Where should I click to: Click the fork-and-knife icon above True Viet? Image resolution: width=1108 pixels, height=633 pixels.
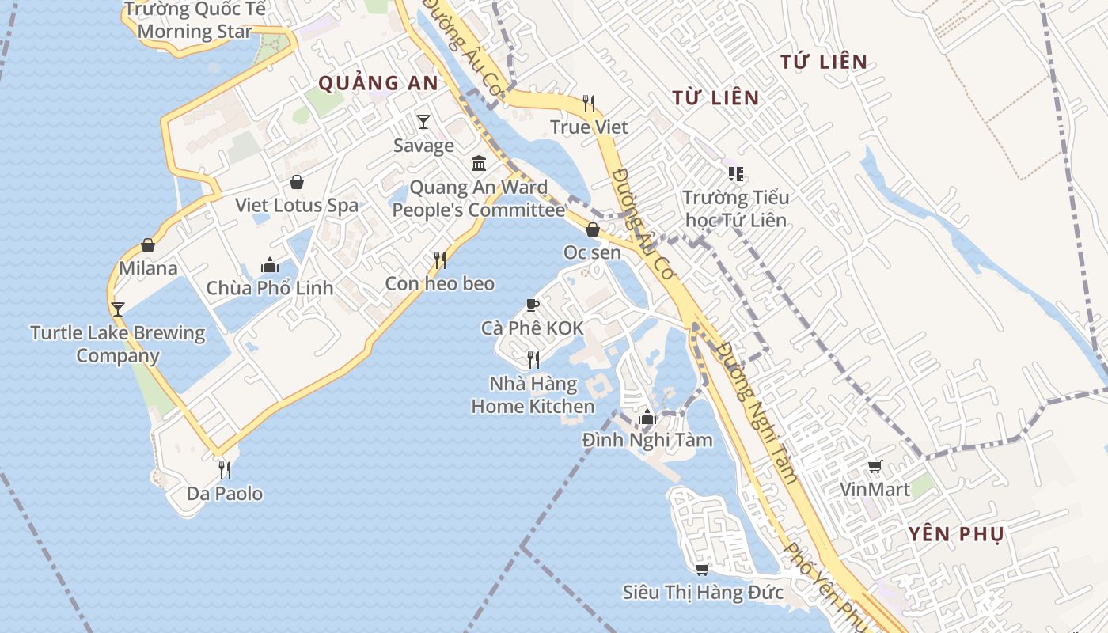tap(589, 104)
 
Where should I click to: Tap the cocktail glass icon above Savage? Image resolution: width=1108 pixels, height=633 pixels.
tap(423, 122)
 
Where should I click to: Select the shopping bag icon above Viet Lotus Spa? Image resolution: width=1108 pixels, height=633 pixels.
tap(297, 182)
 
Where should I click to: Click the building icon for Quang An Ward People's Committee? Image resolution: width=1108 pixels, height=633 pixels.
tap(479, 164)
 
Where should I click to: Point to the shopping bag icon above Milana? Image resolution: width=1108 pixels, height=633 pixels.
tap(148, 245)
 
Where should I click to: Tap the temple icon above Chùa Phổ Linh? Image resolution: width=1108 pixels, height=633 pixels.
tap(270, 265)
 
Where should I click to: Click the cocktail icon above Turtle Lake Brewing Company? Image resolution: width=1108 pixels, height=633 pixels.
tap(118, 309)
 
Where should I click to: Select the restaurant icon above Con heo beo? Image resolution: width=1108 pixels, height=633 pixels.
tap(440, 260)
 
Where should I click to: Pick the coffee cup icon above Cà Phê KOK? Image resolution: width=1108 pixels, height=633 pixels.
tap(533, 305)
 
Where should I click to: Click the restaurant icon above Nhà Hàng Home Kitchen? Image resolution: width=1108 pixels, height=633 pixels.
tap(533, 360)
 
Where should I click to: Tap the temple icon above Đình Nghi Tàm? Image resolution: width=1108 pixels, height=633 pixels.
tap(647, 416)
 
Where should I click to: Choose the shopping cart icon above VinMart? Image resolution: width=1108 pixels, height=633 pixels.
tap(875, 467)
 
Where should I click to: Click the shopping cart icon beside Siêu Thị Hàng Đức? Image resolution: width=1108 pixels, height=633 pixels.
tap(702, 569)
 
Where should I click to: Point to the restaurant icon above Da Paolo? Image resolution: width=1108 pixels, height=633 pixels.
tap(225, 470)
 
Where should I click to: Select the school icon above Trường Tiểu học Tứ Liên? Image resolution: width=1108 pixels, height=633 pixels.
tap(735, 173)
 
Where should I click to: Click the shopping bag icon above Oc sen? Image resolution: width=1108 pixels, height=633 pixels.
tap(592, 229)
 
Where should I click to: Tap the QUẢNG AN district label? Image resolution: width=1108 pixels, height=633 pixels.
tap(378, 82)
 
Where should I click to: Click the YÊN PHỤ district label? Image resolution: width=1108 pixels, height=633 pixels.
tap(956, 534)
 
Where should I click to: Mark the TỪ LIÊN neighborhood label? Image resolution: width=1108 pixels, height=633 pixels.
tap(715, 97)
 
